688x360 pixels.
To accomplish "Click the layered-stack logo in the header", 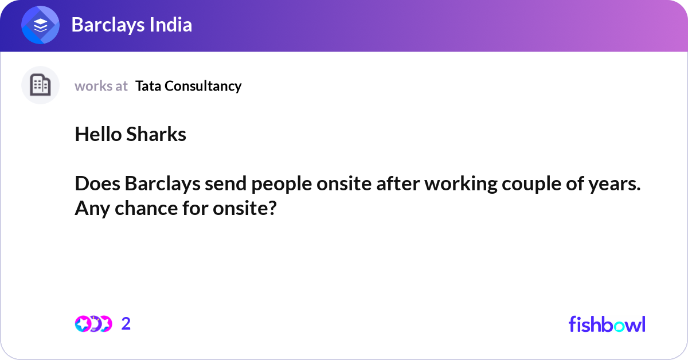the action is pos(40,25).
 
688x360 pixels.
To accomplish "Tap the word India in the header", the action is pos(171,25).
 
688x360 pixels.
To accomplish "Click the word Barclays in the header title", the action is pos(108,25).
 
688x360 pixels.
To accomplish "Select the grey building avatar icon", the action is pos(40,85).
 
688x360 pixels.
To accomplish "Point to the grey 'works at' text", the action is pos(101,86).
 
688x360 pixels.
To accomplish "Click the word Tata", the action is pos(148,86).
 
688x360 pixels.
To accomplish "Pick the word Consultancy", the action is pos(203,87).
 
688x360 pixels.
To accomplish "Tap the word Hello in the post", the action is pos(98,134).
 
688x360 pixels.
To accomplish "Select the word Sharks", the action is pos(157,134).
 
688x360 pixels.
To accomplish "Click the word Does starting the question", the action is pos(97,183).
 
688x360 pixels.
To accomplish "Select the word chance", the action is pos(146,209).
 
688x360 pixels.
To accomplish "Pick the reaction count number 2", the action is pos(126,324).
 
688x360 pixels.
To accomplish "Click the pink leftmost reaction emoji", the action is pos(83,324).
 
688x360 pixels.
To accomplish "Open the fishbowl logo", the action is pos(607,324).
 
